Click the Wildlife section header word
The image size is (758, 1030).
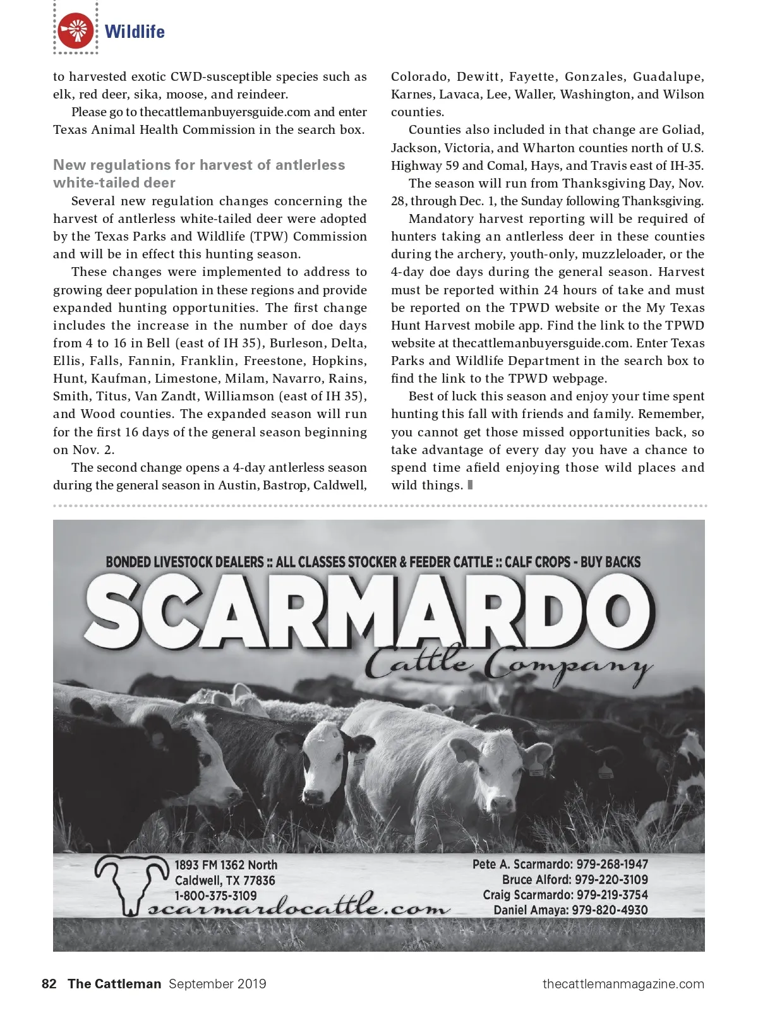(135, 32)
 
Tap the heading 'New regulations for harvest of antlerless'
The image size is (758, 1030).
(199, 165)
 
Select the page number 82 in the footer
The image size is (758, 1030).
(49, 984)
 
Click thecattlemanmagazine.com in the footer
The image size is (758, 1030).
(623, 984)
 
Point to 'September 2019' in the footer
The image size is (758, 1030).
(217, 984)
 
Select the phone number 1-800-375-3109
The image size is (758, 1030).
(216, 895)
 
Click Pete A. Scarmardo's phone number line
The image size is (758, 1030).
(560, 864)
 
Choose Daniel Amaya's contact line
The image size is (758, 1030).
(570, 910)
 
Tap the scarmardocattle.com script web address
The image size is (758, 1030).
(298, 908)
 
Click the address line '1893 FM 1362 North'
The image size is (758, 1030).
(226, 865)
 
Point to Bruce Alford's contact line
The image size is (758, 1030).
(575, 880)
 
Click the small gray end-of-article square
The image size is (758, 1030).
(470, 485)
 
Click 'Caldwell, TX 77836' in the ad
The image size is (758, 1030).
(225, 880)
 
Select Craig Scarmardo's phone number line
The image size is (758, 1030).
(565, 895)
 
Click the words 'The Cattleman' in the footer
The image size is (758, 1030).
(114, 984)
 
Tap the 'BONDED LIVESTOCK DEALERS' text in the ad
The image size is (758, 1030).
(184, 562)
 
